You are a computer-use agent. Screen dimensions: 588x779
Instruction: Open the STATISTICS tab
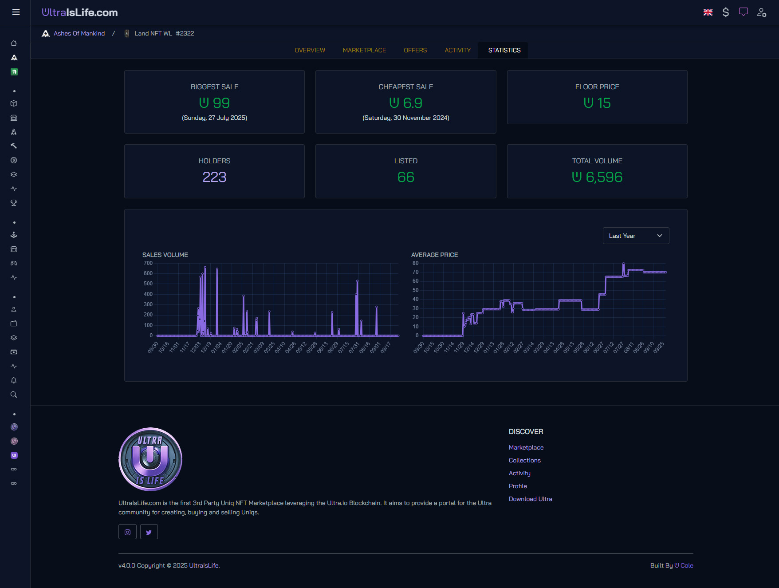(x=504, y=50)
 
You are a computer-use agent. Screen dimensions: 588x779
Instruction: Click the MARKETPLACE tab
(x=364, y=50)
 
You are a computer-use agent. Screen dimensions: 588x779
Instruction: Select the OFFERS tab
(x=415, y=50)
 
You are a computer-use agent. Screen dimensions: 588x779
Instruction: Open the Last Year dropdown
(x=635, y=236)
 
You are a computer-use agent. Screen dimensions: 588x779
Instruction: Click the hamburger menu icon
(x=16, y=12)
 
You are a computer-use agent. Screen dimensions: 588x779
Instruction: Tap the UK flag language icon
(x=708, y=12)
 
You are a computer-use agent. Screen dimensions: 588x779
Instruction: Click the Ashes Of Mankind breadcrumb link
(x=79, y=33)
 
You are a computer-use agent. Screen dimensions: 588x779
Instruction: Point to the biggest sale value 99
(x=220, y=103)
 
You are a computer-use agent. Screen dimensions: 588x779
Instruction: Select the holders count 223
(x=214, y=177)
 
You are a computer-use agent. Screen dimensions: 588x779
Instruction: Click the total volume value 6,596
(x=603, y=177)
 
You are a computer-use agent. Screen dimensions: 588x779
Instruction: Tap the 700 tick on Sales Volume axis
(x=148, y=263)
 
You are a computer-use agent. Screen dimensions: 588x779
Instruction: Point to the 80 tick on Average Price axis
(x=415, y=263)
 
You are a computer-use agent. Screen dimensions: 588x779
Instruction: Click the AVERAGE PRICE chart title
(x=434, y=255)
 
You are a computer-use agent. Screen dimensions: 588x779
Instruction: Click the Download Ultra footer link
(x=530, y=499)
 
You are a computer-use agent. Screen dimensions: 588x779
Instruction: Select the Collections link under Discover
(x=524, y=460)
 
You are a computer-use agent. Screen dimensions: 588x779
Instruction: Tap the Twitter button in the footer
(x=149, y=532)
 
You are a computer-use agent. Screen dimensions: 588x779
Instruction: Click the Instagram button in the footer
(x=127, y=532)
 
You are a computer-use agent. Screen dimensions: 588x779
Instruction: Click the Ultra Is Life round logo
(x=150, y=459)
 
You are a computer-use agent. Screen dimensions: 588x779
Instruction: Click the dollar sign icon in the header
(x=725, y=12)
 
